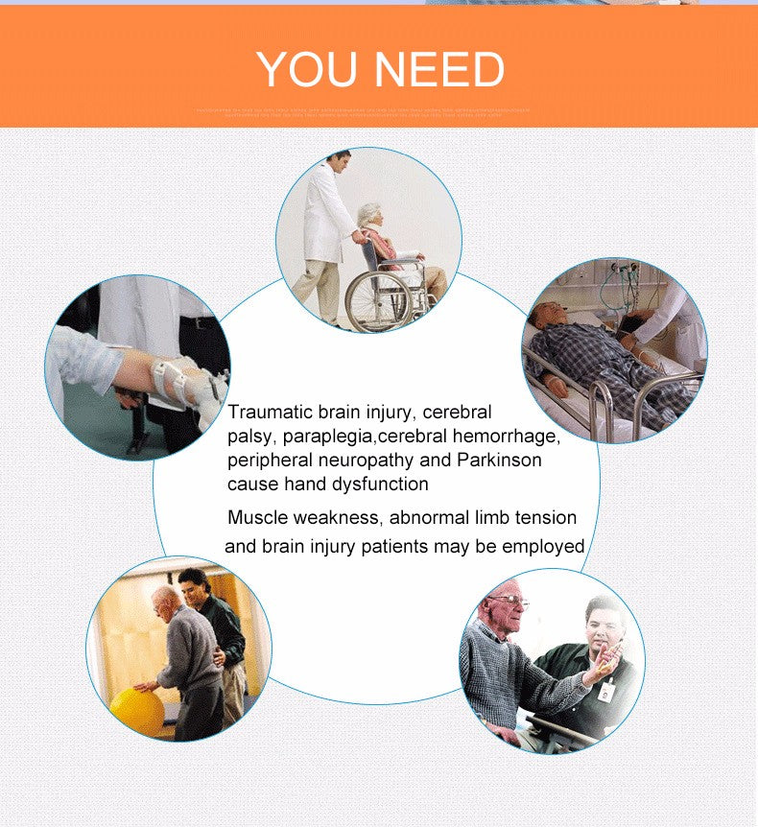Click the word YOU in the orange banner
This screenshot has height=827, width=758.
click(x=309, y=69)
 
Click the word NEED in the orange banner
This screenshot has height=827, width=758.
click(x=438, y=69)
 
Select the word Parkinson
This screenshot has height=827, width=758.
click(x=499, y=460)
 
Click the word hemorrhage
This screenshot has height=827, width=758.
click(x=509, y=437)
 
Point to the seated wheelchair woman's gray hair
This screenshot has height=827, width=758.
click(x=370, y=214)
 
